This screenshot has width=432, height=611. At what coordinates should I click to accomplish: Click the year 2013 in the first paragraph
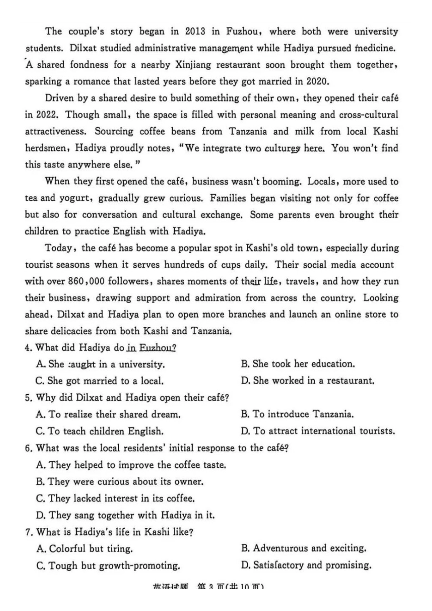pos(196,32)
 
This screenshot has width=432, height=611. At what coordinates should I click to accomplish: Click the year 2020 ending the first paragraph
pos(316,82)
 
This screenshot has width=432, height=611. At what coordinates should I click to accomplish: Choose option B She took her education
pos(298,364)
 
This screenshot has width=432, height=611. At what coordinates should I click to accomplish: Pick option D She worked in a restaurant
pos(308,381)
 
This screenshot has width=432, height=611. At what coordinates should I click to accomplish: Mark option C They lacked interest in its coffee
pos(116,499)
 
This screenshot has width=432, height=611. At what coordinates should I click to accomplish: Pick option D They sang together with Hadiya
pos(125,516)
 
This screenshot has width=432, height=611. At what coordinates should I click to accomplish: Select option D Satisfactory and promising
pos(306,566)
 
